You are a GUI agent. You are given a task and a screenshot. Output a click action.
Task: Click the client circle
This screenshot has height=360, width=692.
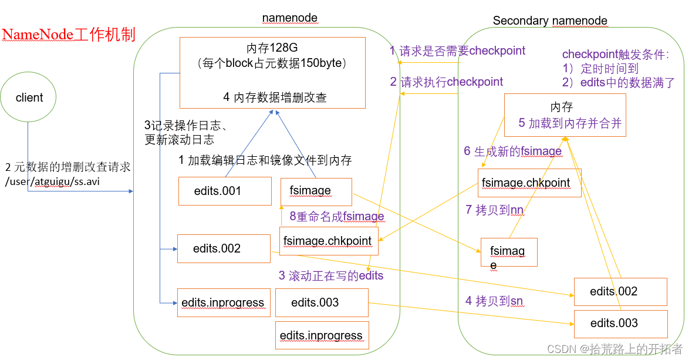[29, 98]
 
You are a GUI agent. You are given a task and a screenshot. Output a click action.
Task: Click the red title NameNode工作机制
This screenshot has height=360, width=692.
[69, 35]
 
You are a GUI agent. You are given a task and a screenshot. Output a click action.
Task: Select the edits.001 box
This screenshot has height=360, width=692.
[225, 191]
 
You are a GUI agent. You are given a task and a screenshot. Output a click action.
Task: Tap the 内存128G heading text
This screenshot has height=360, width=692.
[272, 48]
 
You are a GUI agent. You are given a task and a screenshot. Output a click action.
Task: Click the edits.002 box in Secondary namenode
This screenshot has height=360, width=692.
[620, 292]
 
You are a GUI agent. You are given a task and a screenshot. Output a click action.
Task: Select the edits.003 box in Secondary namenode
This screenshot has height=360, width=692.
[620, 324]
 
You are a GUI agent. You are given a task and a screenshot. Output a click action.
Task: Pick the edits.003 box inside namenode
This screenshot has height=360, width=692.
[322, 302]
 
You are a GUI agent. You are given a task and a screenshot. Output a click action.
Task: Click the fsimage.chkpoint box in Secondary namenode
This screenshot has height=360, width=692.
[529, 183]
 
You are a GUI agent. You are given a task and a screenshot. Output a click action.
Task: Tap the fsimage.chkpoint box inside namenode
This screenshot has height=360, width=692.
[329, 241]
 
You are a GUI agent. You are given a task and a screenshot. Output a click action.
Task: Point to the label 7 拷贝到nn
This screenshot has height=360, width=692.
[494, 210]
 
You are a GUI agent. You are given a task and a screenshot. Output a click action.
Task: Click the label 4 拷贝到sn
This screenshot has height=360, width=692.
[494, 301]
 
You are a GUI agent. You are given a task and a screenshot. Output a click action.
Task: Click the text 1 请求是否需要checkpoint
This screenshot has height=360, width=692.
[457, 51]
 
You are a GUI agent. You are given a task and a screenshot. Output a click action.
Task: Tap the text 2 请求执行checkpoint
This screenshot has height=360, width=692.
[447, 82]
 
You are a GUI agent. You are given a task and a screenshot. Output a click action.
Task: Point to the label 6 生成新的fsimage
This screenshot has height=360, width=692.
[512, 152]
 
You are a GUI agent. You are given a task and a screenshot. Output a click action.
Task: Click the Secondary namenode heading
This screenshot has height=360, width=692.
[550, 21]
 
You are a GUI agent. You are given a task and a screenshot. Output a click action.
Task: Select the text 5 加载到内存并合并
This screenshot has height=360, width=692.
[569, 123]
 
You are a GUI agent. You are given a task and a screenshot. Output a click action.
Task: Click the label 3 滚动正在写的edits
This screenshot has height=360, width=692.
[330, 275]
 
